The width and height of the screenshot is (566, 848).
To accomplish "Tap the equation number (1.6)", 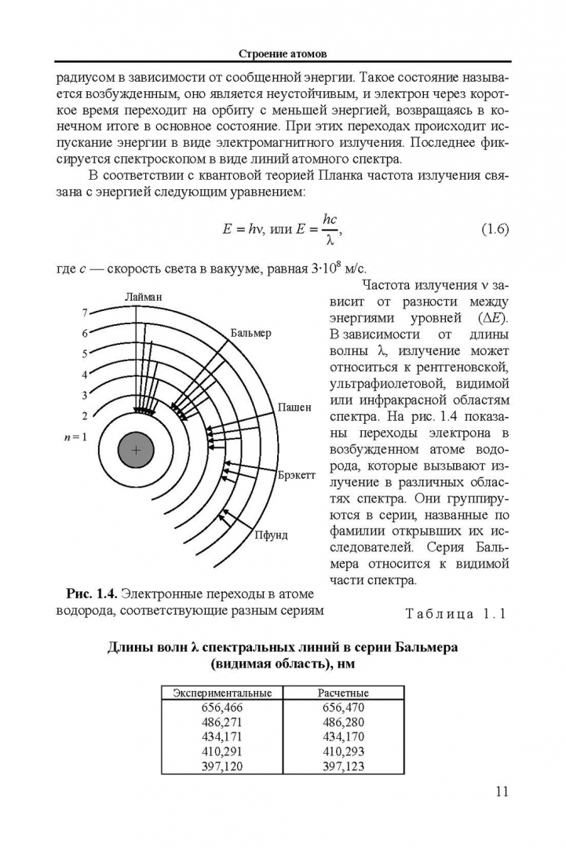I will [494, 229].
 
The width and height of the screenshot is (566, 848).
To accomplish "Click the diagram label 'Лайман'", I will [143, 296].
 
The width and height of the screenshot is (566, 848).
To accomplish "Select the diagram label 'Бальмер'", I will [251, 333].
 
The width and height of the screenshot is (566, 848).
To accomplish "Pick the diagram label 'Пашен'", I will [295, 408].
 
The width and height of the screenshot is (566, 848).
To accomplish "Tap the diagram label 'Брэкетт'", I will [297, 476].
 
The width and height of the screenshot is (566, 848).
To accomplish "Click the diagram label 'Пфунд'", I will [271, 535].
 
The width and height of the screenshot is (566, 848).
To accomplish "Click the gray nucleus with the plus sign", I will [136, 451].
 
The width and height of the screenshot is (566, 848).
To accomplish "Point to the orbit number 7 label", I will [85, 313].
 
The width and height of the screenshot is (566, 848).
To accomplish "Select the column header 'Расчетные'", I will [343, 693].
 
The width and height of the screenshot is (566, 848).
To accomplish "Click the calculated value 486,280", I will [343, 722].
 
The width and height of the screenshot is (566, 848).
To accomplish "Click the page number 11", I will [502, 791].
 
